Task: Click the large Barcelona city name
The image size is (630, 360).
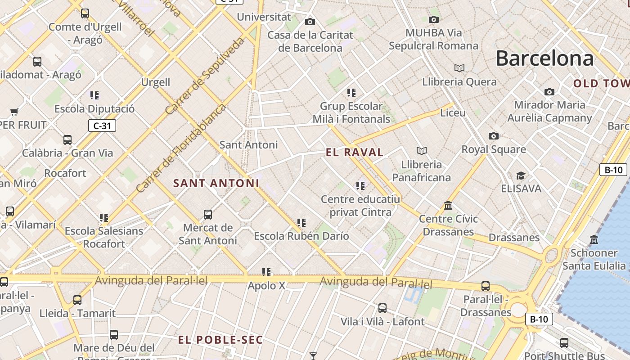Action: pyautogui.click(x=544, y=59)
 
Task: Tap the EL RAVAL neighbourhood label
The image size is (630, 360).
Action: pyautogui.click(x=355, y=153)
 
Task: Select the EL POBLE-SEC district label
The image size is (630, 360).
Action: pyautogui.click(x=220, y=340)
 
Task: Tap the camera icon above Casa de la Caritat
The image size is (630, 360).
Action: pyautogui.click(x=310, y=22)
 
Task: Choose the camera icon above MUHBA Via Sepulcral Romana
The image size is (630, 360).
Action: pyautogui.click(x=433, y=19)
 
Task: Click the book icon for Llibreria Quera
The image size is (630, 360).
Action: pyautogui.click(x=459, y=68)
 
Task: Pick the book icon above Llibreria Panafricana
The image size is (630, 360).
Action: pyautogui.click(x=421, y=151)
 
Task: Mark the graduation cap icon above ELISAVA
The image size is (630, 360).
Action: pyautogui.click(x=521, y=175)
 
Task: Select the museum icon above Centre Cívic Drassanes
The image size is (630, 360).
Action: pyautogui.click(x=448, y=206)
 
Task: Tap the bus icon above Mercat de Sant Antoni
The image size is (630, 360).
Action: pyautogui.click(x=207, y=214)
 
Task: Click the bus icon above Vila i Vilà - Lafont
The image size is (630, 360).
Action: pyautogui.click(x=382, y=308)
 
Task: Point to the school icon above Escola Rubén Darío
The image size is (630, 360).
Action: pyautogui.click(x=301, y=222)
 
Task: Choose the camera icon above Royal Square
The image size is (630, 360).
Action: pyautogui.click(x=493, y=136)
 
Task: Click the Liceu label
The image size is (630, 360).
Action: pyautogui.click(x=453, y=112)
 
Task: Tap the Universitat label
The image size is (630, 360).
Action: pyautogui.click(x=264, y=17)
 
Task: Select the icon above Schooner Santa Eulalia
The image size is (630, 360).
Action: pyautogui.click(x=594, y=239)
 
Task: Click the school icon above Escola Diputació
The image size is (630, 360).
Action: pyautogui.click(x=94, y=95)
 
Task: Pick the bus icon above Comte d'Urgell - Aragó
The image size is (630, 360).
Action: pyautogui.click(x=85, y=13)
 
